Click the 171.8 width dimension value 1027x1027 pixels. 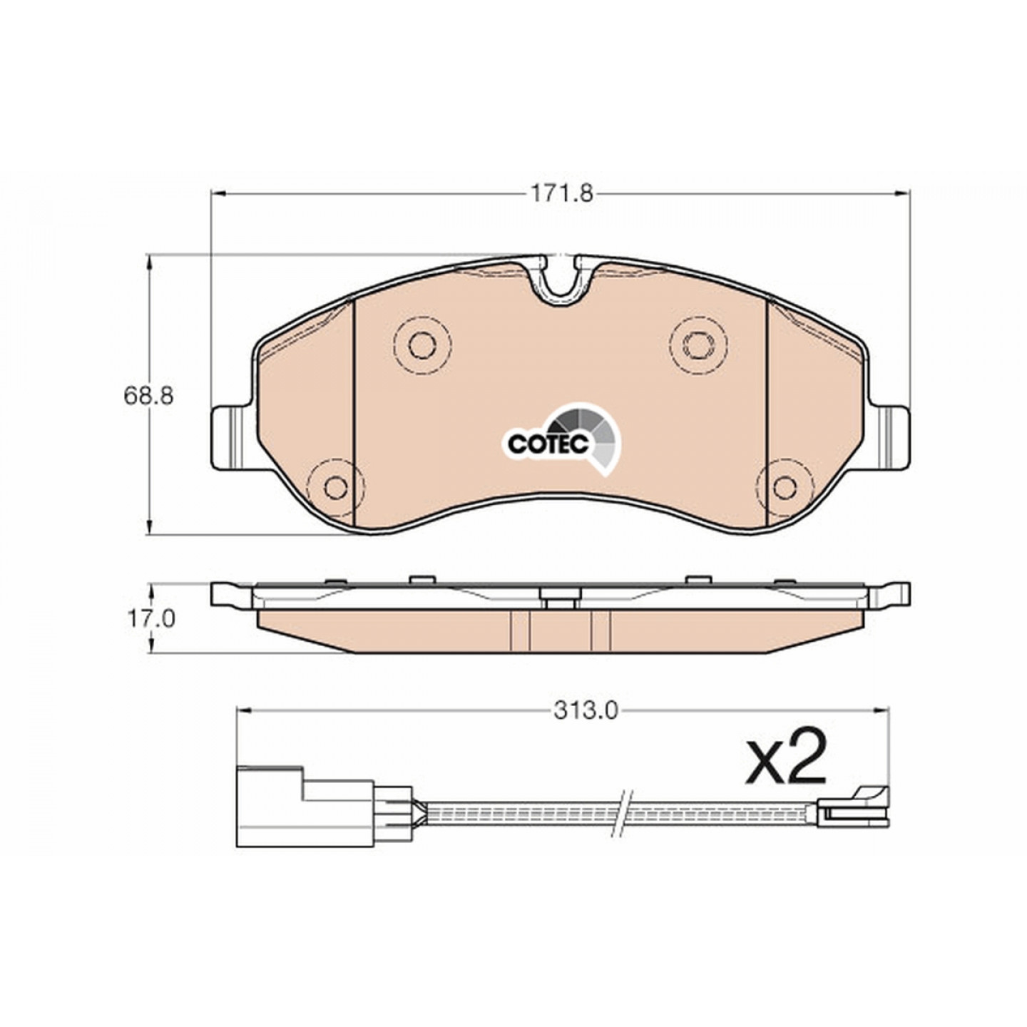[x=561, y=193]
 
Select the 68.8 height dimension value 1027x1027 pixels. [x=149, y=396]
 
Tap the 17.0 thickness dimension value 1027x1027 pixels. [x=150, y=619]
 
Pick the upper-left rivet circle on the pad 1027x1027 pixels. [x=422, y=344]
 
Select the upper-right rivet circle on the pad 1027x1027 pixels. [x=699, y=344]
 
